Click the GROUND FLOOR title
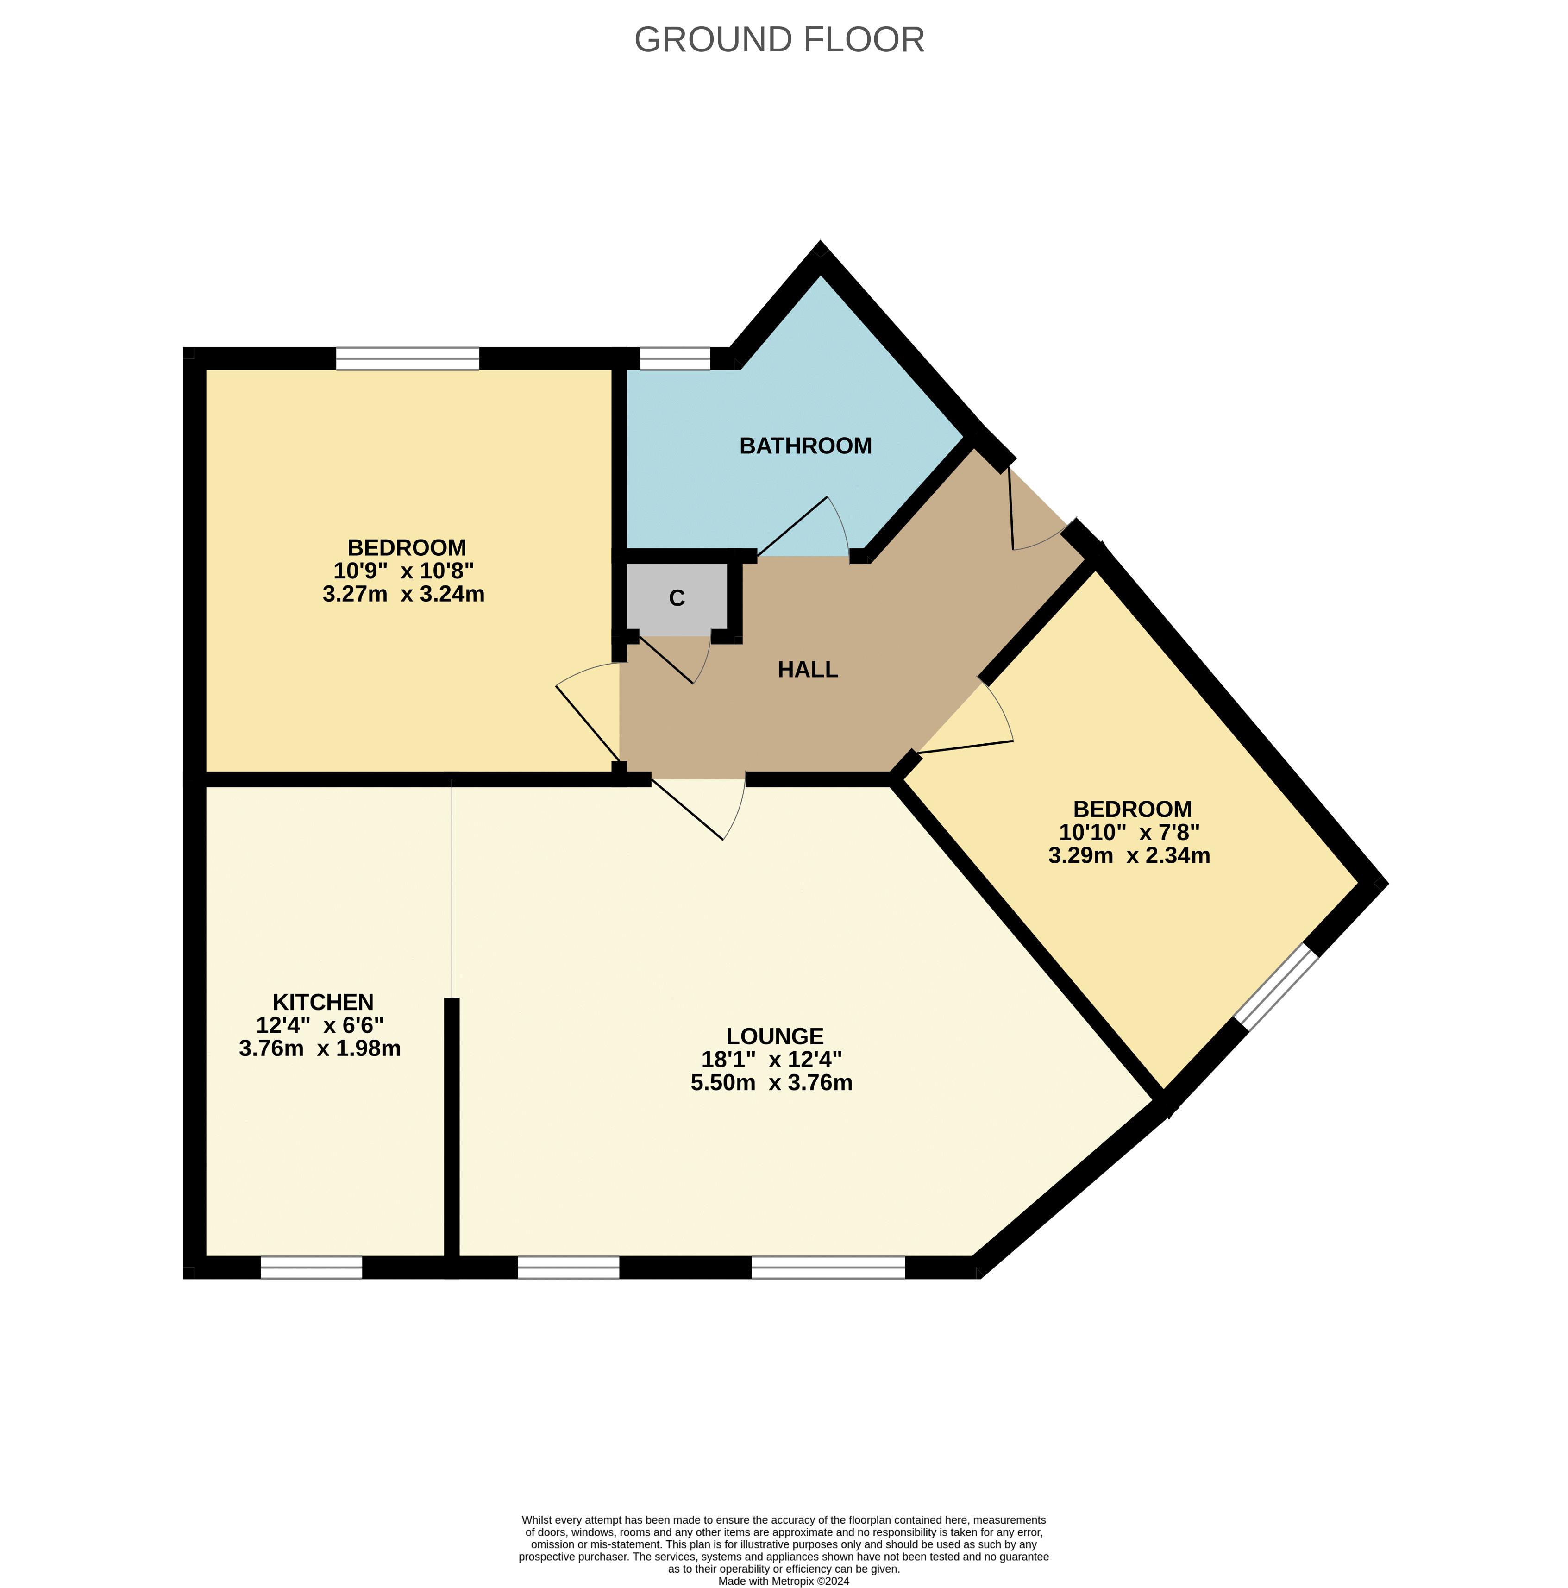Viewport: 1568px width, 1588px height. pyautogui.click(x=779, y=39)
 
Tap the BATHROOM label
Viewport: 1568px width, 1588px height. pyautogui.click(x=805, y=446)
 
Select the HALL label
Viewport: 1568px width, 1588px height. pyautogui.click(x=808, y=670)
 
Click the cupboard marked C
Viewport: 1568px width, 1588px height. pyautogui.click(x=677, y=598)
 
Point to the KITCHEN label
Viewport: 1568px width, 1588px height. pyautogui.click(x=323, y=1002)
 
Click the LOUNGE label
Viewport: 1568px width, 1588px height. pyautogui.click(x=775, y=1036)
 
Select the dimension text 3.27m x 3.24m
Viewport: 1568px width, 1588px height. pyautogui.click(x=403, y=593)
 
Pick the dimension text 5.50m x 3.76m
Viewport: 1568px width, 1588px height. pyautogui.click(x=771, y=1082)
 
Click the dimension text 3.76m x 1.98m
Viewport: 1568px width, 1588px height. pyautogui.click(x=320, y=1048)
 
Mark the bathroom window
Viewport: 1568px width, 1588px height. pyautogui.click(x=675, y=358)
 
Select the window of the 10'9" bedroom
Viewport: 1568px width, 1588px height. pyautogui.click(x=408, y=358)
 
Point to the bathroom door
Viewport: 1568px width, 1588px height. pyautogui.click(x=803, y=526)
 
